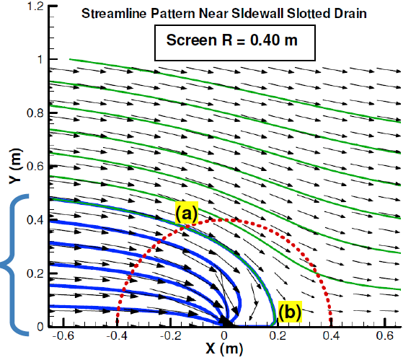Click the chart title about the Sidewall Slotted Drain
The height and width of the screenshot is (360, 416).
point(225,13)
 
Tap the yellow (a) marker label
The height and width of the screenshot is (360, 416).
point(183,213)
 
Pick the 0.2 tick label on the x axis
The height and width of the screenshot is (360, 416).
point(278,337)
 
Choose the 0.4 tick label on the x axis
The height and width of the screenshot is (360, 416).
point(329,337)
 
